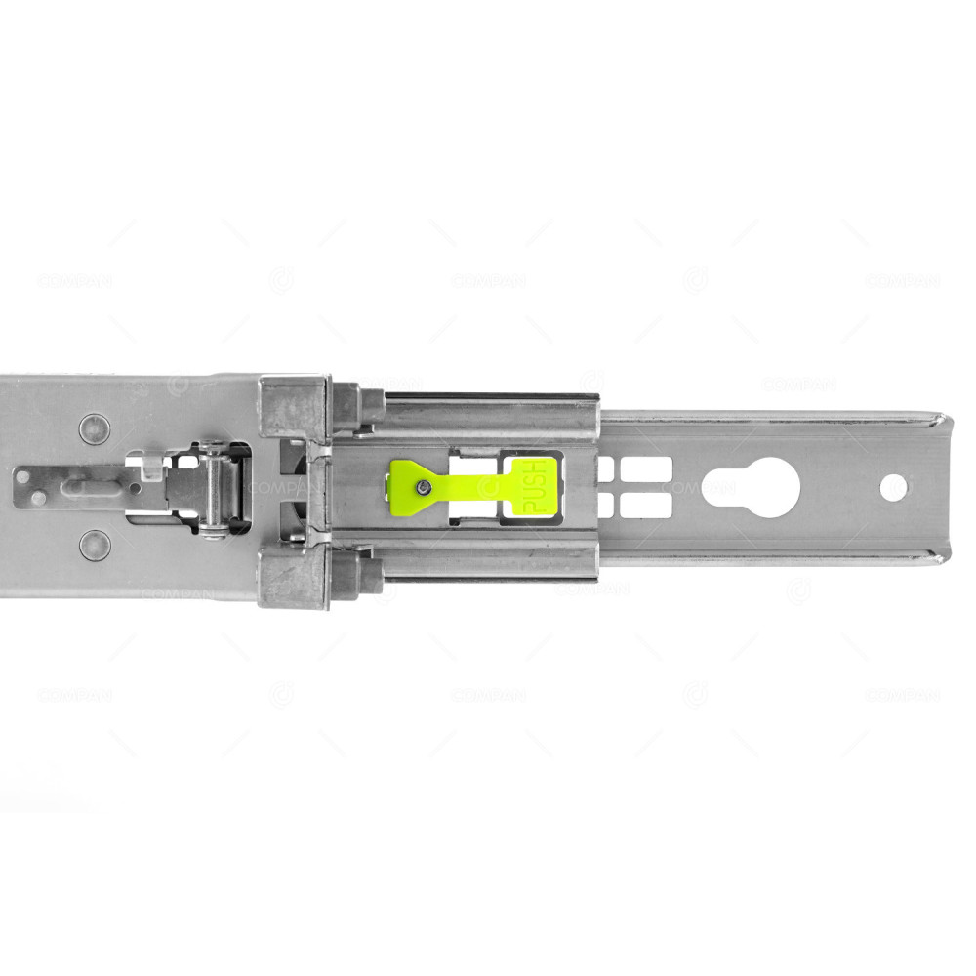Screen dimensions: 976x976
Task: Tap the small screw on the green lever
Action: (421, 487)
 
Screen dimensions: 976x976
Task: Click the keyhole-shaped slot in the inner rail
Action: (750, 486)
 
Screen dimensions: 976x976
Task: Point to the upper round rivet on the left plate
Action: (95, 428)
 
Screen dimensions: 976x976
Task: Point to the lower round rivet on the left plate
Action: (95, 545)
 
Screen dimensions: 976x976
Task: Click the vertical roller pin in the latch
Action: (213, 487)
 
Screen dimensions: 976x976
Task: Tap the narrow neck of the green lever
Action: (468, 485)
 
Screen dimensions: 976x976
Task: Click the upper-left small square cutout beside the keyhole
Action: (605, 468)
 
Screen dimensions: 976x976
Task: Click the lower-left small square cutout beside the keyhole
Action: (605, 505)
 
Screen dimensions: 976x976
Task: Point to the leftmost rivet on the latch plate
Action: (37, 498)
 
